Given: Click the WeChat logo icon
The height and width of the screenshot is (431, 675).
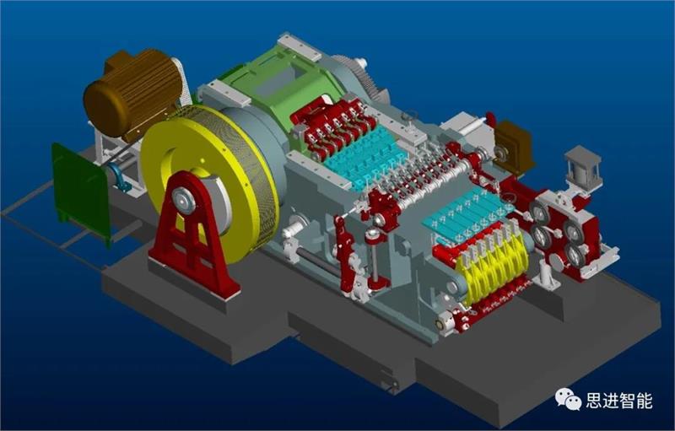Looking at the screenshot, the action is click(x=568, y=400).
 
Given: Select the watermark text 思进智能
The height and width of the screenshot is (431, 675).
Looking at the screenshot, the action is click(x=619, y=401).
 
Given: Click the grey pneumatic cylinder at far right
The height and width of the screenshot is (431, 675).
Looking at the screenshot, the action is click(x=583, y=169).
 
